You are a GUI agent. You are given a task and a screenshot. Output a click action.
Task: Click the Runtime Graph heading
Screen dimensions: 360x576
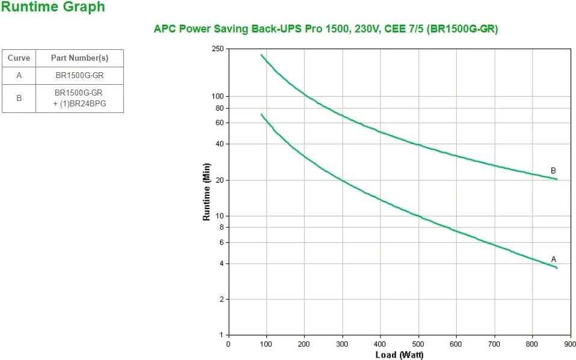click(x=53, y=7)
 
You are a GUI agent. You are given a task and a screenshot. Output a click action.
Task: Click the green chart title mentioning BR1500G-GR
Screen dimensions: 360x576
click(x=325, y=29)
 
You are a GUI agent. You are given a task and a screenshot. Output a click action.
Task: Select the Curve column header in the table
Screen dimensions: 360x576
click(x=19, y=58)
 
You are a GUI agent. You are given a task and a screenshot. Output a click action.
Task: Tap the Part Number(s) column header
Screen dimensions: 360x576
click(x=79, y=58)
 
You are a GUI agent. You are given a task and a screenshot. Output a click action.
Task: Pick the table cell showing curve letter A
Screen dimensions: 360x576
click(x=19, y=76)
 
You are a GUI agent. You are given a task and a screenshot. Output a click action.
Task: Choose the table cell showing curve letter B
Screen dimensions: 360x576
click(x=19, y=98)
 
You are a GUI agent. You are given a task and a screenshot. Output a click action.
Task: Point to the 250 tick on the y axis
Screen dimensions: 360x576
click(x=217, y=49)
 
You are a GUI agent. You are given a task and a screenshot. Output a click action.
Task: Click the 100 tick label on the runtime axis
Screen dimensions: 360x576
click(x=217, y=96)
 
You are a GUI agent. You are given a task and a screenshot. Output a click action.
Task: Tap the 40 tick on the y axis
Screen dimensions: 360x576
click(x=219, y=144)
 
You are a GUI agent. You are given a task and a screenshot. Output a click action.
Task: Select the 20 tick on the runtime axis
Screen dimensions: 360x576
click(x=219, y=180)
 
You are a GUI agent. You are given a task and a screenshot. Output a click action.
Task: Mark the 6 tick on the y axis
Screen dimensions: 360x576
click(x=221, y=242)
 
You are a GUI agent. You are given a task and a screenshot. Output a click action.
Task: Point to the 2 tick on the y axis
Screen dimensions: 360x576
click(x=221, y=299)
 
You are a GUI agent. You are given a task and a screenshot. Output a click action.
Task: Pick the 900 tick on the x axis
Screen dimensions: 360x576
click(x=570, y=344)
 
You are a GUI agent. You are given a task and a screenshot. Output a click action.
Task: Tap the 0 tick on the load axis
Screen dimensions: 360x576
click(x=228, y=344)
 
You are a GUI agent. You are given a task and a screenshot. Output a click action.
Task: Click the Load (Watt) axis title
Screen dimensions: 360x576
click(x=399, y=355)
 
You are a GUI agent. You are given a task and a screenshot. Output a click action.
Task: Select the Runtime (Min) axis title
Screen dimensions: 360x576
click(x=206, y=192)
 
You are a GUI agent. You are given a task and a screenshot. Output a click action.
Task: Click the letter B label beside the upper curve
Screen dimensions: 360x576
click(x=553, y=170)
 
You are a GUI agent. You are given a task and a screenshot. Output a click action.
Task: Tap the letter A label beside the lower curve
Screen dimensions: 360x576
click(x=554, y=259)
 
